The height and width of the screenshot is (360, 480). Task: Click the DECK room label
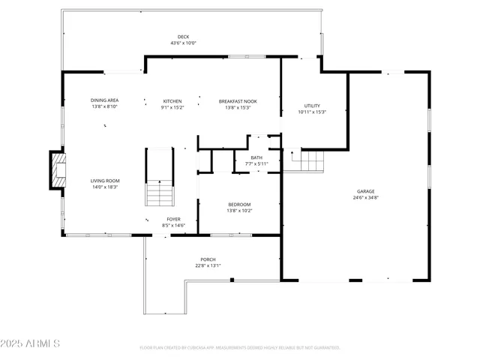(x=183, y=37)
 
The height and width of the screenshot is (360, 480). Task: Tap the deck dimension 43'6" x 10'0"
(x=183, y=43)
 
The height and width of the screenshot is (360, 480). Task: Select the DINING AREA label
(x=103, y=101)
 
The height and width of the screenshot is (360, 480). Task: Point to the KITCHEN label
(x=172, y=101)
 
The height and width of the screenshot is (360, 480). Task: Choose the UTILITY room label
(x=312, y=106)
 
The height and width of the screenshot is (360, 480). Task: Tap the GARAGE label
(x=365, y=191)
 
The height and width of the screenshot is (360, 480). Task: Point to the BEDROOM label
(x=240, y=204)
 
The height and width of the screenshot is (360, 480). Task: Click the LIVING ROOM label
(x=106, y=181)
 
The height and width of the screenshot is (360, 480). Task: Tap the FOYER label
(x=173, y=219)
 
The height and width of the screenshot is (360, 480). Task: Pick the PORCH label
(x=208, y=259)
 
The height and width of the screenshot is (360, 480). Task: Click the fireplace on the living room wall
(x=56, y=170)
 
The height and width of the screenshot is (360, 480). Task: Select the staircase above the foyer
(x=159, y=177)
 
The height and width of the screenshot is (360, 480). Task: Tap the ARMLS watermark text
(x=31, y=343)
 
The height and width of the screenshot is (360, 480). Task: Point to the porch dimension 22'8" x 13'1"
(x=208, y=265)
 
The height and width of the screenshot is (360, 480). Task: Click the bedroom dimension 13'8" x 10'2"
(x=240, y=210)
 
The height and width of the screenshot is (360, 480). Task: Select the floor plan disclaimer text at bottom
(x=240, y=347)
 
